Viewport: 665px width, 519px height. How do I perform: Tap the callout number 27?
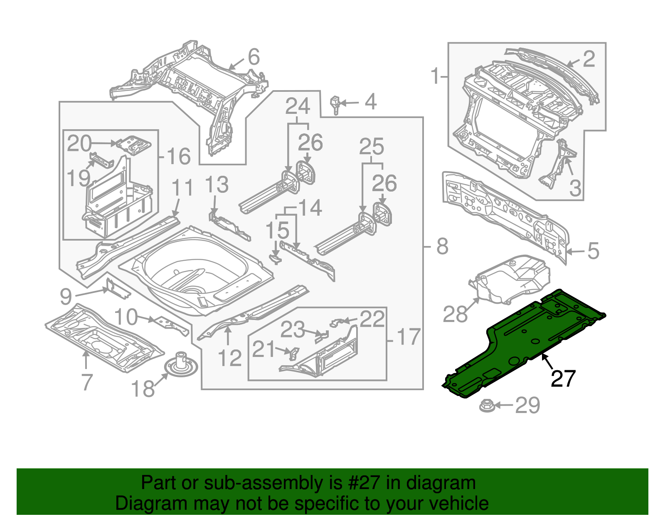(x=563, y=379)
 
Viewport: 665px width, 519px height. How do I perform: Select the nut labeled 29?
(x=486, y=406)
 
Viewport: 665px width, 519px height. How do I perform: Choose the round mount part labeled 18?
(x=180, y=365)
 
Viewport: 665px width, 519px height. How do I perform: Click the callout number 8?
(x=442, y=246)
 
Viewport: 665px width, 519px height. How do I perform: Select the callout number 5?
(x=593, y=251)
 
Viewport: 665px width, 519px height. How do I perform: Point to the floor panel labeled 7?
(x=104, y=337)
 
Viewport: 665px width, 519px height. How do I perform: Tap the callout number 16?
(x=179, y=157)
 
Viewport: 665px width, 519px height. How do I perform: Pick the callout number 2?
(x=589, y=59)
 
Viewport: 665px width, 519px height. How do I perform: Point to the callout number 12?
(x=229, y=358)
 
